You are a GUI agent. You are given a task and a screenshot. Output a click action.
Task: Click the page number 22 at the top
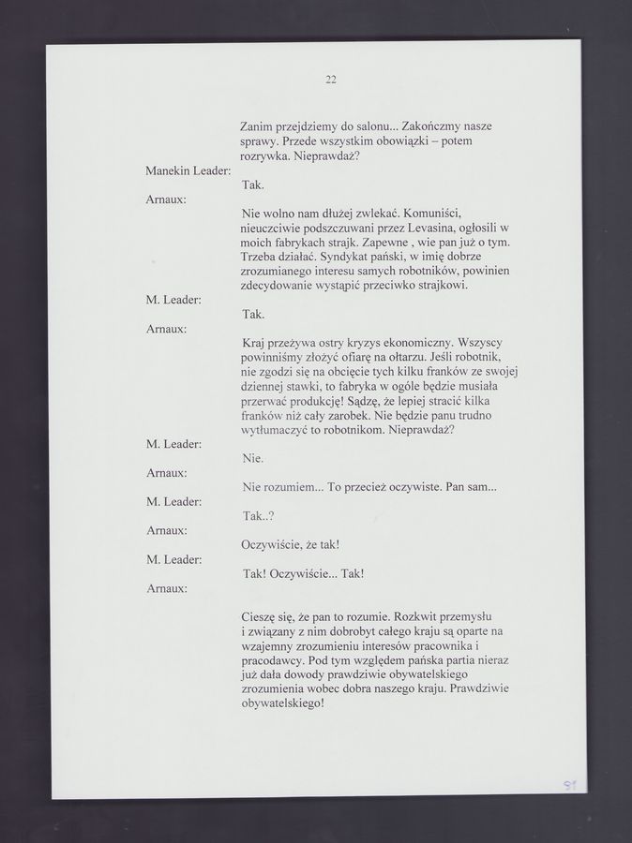[x=331, y=80]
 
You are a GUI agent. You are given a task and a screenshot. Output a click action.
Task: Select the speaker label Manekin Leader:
[x=188, y=170]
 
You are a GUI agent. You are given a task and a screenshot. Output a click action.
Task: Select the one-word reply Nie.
[x=252, y=459]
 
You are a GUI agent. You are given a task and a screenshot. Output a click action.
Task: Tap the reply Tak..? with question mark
[x=258, y=516]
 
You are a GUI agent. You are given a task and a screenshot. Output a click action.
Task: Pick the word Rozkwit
[x=420, y=616]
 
